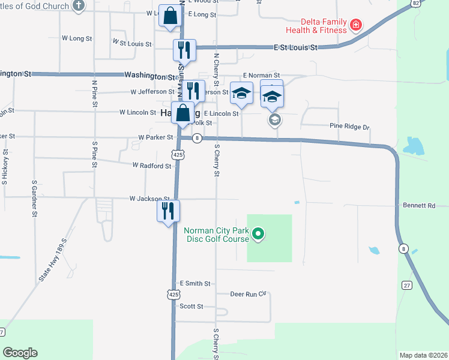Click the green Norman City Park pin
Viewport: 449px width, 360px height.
click(258, 234)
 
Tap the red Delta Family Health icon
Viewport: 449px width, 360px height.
click(356, 25)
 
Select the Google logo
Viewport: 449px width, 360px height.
click(20, 353)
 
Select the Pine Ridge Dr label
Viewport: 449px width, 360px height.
click(349, 127)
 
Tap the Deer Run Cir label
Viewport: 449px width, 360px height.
click(248, 294)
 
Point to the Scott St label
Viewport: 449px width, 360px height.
click(191, 306)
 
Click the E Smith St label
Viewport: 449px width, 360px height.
click(195, 283)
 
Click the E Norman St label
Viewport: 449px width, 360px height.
click(262, 76)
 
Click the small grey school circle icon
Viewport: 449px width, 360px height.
click(274, 120)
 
